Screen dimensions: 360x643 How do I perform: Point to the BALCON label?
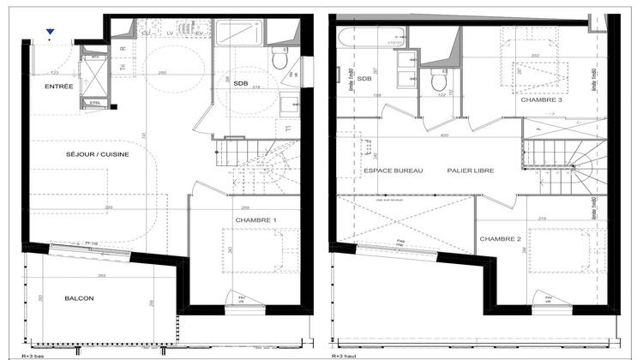78,298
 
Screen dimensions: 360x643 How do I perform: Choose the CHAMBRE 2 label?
499,239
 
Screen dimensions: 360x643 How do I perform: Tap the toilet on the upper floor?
438,82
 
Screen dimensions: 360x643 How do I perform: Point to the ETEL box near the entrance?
93,103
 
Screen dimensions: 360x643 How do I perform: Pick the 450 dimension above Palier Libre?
444,136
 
